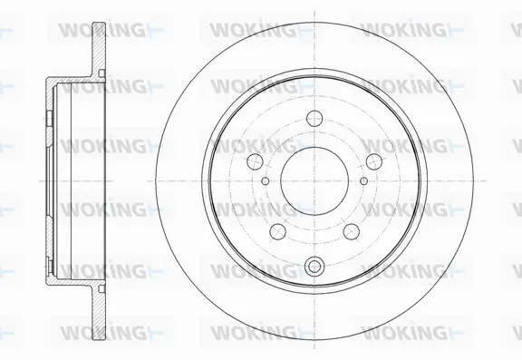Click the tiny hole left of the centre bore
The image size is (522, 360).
click(264, 180)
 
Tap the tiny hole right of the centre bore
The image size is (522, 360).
click(363, 180)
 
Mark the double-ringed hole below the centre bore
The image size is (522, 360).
click(314, 266)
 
